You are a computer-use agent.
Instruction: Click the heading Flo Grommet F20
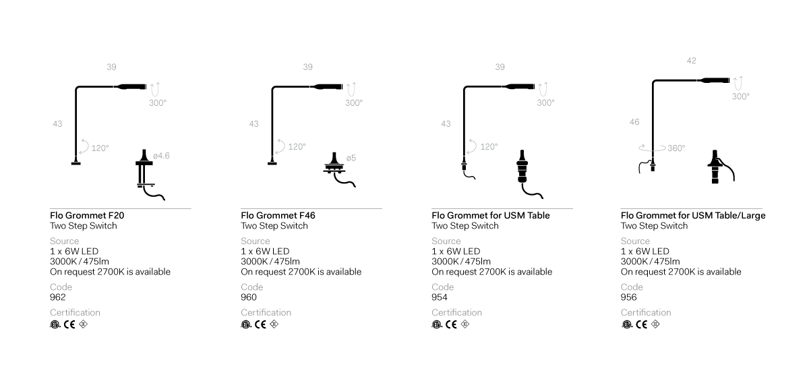(x=87, y=216)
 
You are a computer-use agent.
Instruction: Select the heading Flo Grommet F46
(x=278, y=216)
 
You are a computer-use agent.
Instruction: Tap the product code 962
(x=58, y=297)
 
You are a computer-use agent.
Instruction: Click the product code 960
(x=249, y=297)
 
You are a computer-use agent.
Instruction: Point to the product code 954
(x=440, y=297)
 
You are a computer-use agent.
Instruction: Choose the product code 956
(x=629, y=297)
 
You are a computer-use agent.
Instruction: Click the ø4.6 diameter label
(x=161, y=156)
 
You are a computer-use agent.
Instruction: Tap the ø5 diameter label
(x=351, y=158)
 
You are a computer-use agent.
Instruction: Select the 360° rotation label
(x=674, y=148)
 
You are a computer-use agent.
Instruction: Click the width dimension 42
(x=691, y=61)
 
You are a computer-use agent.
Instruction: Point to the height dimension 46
(x=634, y=122)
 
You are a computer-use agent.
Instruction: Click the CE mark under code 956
(x=642, y=324)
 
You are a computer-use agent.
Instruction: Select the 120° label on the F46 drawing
(x=297, y=146)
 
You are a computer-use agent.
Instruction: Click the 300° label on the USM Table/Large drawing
(x=741, y=96)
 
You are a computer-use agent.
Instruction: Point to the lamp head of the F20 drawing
(x=131, y=86)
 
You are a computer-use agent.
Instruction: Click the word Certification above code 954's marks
(x=456, y=312)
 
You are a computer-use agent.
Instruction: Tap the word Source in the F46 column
(x=256, y=241)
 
